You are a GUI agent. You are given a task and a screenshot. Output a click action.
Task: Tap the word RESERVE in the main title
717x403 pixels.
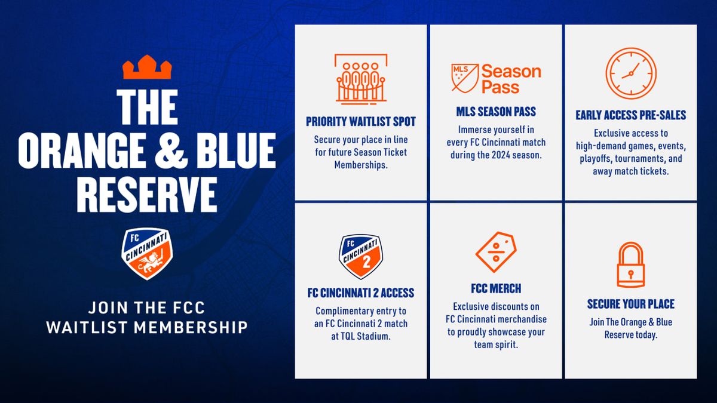coord(147,195)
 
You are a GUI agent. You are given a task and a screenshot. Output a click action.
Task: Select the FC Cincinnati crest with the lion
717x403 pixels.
coord(147,254)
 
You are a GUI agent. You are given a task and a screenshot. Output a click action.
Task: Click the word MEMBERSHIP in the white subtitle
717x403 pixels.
coord(191,328)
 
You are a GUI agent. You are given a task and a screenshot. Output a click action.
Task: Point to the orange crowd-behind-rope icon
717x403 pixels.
coord(361,79)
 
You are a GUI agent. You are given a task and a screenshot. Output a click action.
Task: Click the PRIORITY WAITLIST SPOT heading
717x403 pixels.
coord(361,122)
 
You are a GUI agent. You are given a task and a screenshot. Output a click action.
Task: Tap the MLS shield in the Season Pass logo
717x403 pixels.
coord(465,78)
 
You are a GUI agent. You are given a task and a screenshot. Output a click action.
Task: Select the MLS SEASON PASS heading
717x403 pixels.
coord(496,112)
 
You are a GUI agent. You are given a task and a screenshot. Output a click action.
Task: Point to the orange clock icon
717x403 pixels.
coord(631,73)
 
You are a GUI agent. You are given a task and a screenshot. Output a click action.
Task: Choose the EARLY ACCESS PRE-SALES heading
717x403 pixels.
coord(631,115)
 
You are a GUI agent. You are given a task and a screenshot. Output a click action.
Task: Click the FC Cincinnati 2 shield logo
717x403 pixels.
coord(361,257)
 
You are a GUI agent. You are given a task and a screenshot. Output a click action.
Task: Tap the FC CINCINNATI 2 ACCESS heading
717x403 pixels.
coord(361,293)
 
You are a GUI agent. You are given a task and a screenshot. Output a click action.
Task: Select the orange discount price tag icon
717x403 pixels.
coord(496,252)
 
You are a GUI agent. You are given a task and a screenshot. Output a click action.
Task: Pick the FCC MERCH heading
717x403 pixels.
coord(496,288)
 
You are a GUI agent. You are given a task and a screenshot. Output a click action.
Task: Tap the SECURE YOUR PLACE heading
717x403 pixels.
coord(631,304)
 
